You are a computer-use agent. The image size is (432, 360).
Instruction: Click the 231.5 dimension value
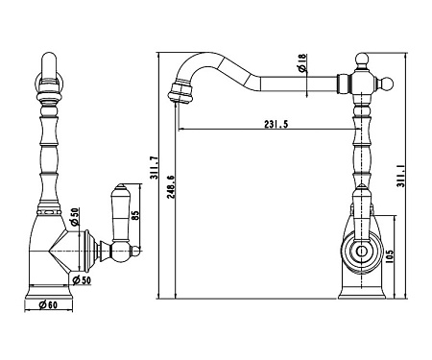click(x=276, y=124)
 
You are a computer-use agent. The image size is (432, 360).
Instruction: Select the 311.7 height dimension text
click(x=154, y=168)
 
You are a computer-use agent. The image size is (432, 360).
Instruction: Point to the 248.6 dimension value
click(x=171, y=187)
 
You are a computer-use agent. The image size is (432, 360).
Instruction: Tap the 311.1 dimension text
click(x=401, y=176)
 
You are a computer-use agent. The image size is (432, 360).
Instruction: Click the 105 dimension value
click(x=390, y=256)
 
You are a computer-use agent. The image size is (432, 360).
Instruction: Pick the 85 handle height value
click(x=135, y=215)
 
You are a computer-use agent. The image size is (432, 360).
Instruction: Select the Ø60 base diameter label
click(x=48, y=305)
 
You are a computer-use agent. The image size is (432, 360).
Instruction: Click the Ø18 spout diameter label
click(x=301, y=62)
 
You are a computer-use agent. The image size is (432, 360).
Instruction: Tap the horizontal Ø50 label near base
click(x=82, y=280)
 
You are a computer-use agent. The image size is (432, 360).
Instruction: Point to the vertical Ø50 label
click(x=75, y=217)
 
